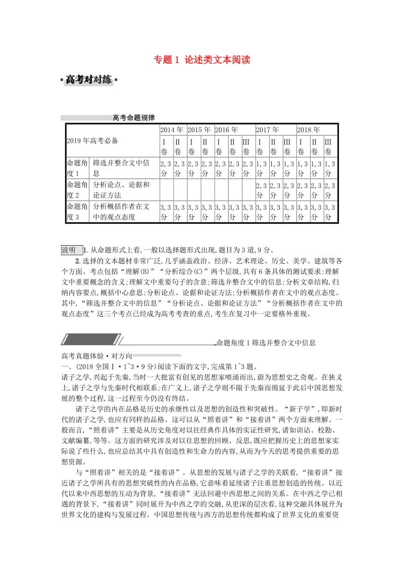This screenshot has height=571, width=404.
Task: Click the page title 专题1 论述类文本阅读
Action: click(202, 60)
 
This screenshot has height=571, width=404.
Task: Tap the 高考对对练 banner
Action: click(88, 80)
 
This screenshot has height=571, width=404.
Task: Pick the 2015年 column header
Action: click(199, 130)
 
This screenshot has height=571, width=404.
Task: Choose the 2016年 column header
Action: click(227, 130)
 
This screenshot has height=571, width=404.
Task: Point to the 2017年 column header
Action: click(268, 130)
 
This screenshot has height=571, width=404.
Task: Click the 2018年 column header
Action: click(309, 130)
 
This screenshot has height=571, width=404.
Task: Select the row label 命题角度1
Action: click(77, 168)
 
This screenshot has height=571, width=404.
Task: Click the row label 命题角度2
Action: click(77, 190)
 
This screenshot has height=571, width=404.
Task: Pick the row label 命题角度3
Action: click(77, 212)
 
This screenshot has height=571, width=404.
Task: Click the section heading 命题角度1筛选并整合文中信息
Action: click(266, 343)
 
